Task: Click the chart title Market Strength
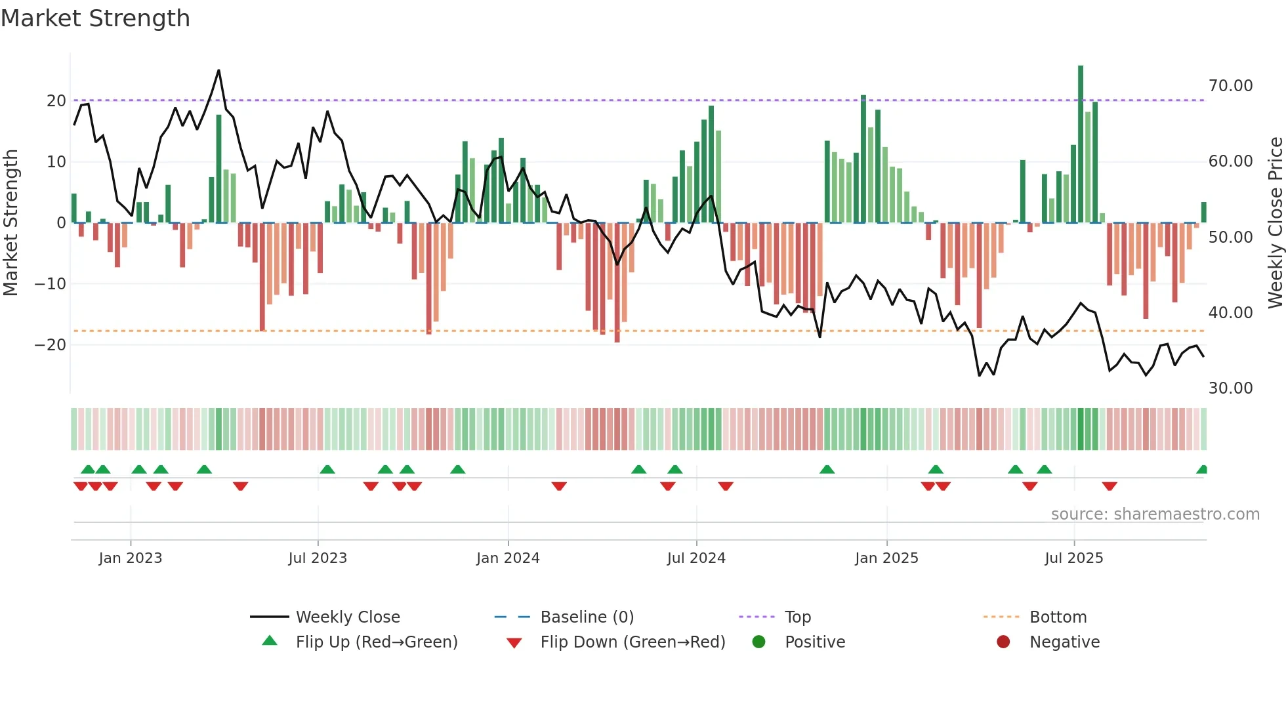(95, 18)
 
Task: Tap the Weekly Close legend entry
(347, 617)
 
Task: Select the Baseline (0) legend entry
(587, 617)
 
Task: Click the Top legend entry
(797, 617)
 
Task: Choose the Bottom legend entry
(1058, 617)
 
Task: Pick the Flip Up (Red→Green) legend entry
(376, 642)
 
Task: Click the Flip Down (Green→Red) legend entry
(633, 642)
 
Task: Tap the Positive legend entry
(814, 642)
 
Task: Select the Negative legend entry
(1064, 642)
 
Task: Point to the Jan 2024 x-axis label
(508, 558)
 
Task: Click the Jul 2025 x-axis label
(1074, 558)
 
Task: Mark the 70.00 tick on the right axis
(1230, 86)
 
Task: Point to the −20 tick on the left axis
(51, 345)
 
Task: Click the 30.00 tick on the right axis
(1230, 388)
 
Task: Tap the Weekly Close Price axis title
(1275, 223)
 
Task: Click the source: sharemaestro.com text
(1155, 514)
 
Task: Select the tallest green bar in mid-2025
(1081, 144)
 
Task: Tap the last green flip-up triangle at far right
(1202, 469)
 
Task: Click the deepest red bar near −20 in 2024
(617, 282)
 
